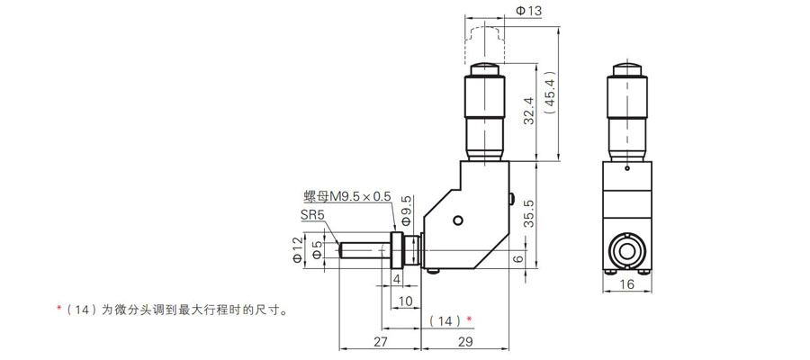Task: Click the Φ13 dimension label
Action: pos(527,10)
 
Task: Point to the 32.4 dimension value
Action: pos(528,111)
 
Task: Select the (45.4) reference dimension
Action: pos(549,92)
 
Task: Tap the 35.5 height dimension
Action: pos(528,214)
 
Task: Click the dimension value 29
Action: pos(465,341)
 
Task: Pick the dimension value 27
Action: pos(380,341)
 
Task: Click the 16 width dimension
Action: pos(626,284)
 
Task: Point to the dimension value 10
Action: pos(406,301)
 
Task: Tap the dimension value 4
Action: pos(397,279)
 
